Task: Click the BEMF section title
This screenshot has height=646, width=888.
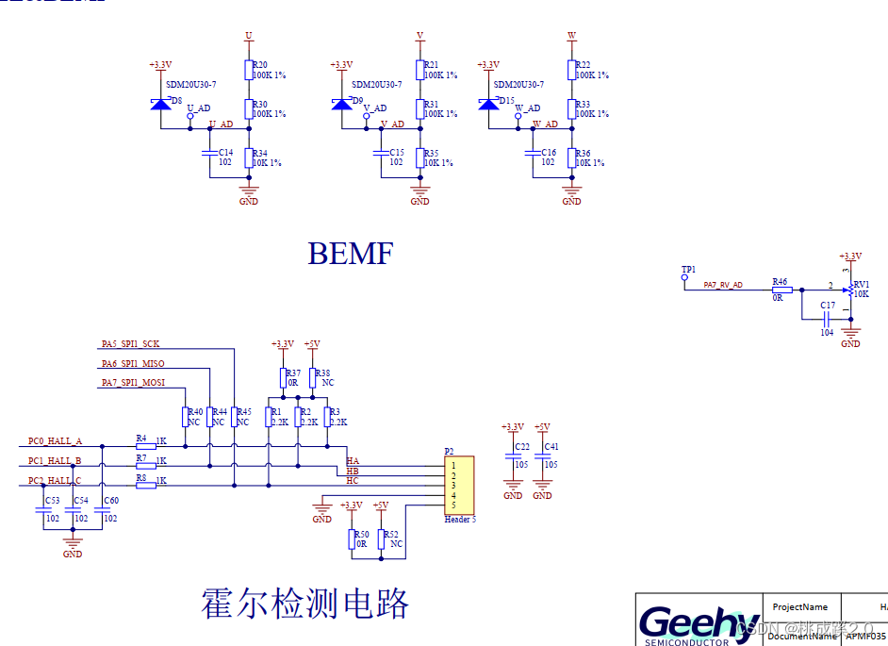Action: click(x=350, y=253)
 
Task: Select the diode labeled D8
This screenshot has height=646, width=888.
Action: click(x=160, y=101)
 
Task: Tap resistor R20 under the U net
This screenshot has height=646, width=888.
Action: click(x=249, y=70)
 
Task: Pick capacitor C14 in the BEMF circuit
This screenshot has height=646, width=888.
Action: click(x=209, y=151)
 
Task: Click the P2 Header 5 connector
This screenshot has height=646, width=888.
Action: click(x=459, y=486)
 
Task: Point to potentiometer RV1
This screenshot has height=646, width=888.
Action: click(x=849, y=289)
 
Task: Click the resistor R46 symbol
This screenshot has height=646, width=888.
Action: click(x=781, y=290)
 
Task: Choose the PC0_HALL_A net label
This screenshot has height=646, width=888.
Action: click(x=56, y=440)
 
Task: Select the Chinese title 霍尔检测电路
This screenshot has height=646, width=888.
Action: click(x=304, y=603)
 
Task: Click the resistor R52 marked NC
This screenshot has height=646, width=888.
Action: click(x=381, y=539)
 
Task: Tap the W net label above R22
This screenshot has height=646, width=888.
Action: click(x=571, y=36)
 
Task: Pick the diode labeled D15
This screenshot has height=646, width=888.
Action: click(x=488, y=102)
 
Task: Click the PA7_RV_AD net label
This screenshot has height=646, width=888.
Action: click(x=723, y=285)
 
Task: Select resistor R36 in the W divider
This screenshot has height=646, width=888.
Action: click(x=572, y=157)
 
